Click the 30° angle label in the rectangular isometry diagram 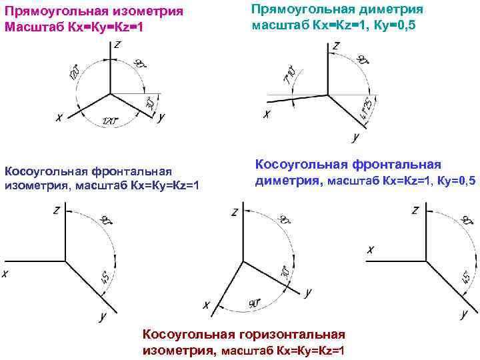click(150, 103)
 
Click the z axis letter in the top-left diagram click(117, 45)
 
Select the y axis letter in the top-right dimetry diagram click(355, 138)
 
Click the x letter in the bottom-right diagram click(371, 249)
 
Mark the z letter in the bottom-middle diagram click(234, 213)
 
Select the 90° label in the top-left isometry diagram click(140, 65)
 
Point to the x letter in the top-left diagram click(59, 118)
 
